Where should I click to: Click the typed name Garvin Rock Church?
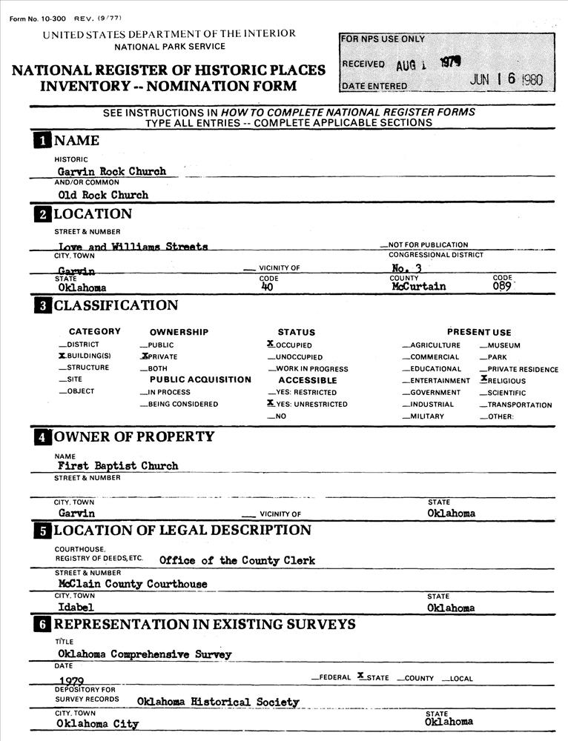[112, 171]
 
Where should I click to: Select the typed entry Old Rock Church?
[103, 195]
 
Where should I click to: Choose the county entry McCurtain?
[419, 287]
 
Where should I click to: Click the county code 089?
[503, 287]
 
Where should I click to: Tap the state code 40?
[268, 287]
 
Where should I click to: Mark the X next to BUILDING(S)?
[62, 356]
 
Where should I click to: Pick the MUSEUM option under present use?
[503, 345]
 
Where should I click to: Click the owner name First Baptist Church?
[118, 466]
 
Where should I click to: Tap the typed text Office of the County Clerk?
[237, 560]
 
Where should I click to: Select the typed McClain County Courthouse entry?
[133, 584]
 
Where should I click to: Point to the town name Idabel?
[75, 608]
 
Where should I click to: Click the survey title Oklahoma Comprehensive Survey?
[145, 654]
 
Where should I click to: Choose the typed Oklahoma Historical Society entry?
[218, 701]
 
